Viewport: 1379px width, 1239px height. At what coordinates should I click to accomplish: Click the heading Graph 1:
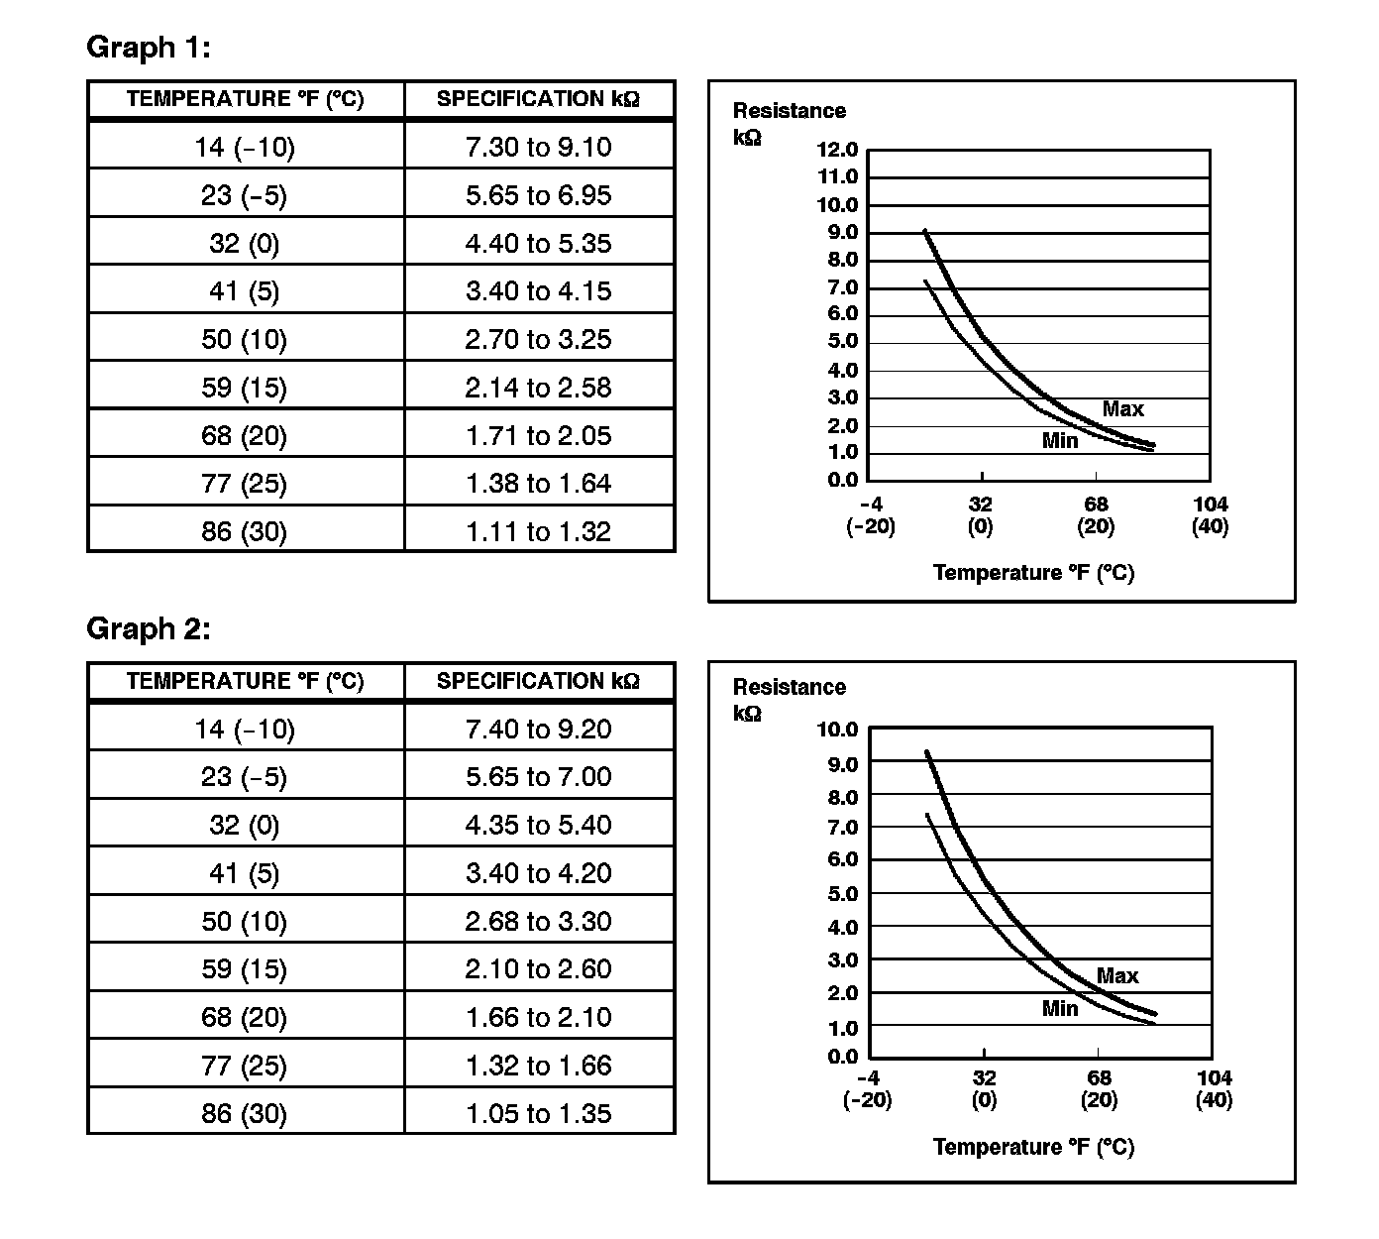point(149,48)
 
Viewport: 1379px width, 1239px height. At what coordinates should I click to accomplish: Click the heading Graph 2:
point(149,628)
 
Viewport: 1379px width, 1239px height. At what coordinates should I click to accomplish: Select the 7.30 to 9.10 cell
point(538,148)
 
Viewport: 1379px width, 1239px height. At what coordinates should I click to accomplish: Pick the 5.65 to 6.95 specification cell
point(538,195)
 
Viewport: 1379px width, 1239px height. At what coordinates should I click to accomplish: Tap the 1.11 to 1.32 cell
point(538,532)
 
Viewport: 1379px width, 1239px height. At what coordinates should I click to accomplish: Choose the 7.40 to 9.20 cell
point(538,730)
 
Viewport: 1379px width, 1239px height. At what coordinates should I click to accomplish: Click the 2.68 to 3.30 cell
point(538,922)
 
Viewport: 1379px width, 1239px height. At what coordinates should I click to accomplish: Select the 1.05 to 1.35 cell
point(538,1114)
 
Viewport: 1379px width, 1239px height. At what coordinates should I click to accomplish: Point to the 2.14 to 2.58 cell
point(538,388)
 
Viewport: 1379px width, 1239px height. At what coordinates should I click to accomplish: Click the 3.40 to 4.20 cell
point(538,873)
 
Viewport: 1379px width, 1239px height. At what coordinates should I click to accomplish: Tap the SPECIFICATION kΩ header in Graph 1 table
point(538,99)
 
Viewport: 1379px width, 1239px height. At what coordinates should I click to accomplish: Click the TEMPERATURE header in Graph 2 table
point(245,681)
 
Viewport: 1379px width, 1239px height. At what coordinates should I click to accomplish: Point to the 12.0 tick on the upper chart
point(837,151)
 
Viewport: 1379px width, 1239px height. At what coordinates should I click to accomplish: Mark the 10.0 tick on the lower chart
point(837,731)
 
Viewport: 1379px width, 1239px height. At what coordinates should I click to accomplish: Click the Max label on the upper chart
point(1122,409)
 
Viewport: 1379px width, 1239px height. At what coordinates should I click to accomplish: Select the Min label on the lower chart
point(1059,1009)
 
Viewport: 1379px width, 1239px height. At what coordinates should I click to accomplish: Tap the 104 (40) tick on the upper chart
point(1210,515)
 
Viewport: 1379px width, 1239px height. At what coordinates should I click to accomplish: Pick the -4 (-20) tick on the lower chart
point(867,1088)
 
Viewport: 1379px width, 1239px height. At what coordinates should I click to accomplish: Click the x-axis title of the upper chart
point(1033,573)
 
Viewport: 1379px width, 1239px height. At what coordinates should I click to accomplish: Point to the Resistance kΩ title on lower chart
point(789,699)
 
